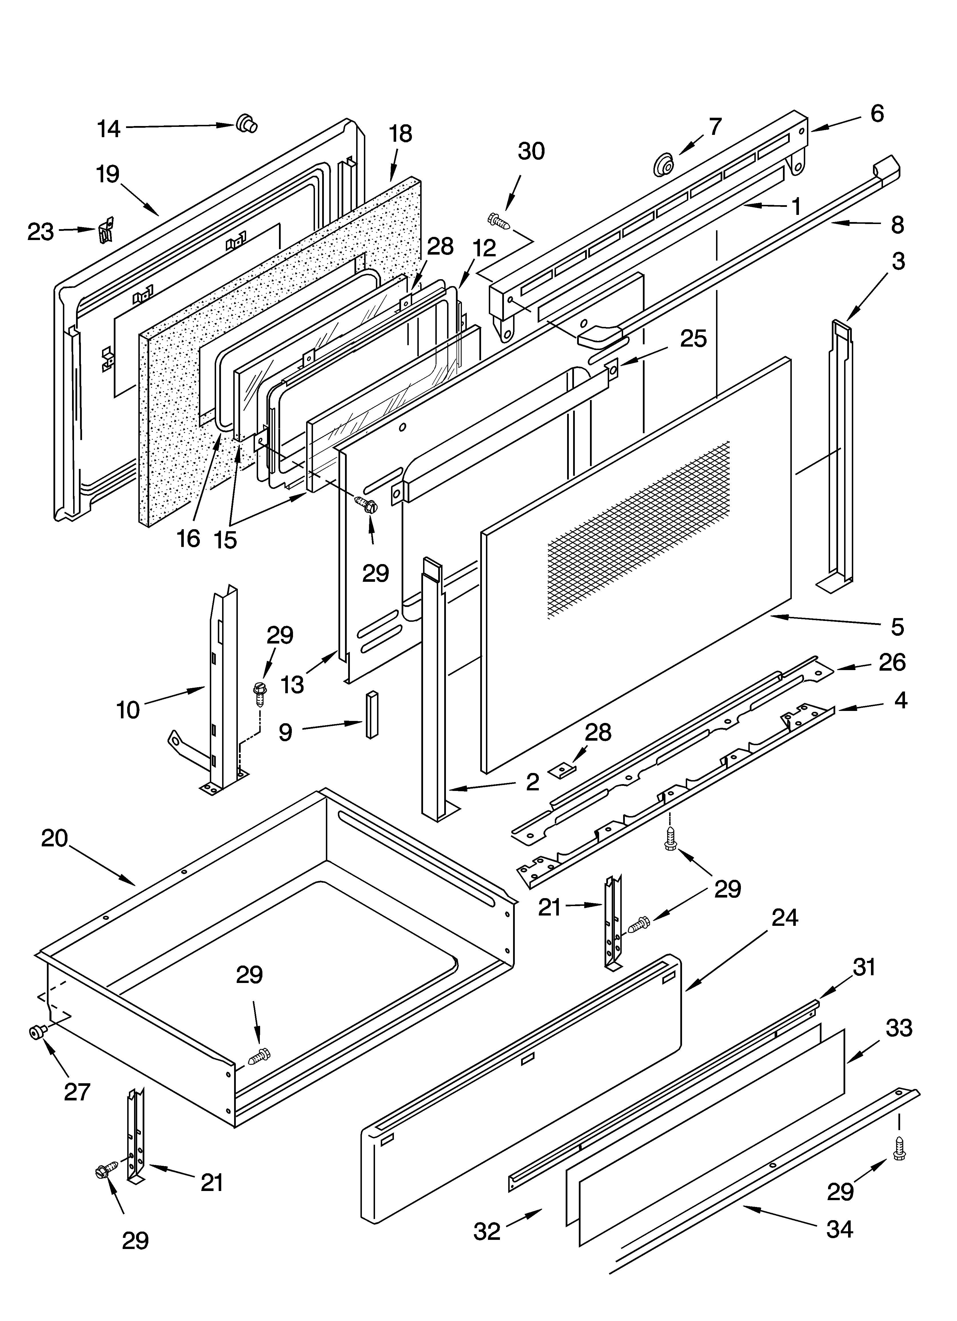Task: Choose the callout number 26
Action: click(892, 662)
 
